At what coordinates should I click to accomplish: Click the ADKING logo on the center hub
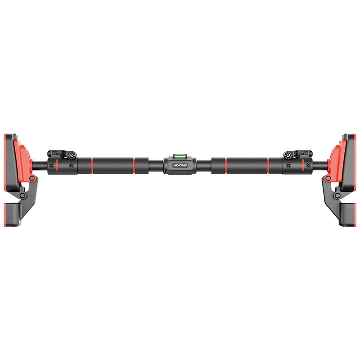(x=180, y=165)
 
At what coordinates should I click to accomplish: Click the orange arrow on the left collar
(x=57, y=165)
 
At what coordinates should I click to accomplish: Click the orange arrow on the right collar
(x=303, y=165)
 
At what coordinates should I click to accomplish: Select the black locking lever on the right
(x=298, y=154)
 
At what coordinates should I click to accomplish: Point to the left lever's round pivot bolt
(x=72, y=155)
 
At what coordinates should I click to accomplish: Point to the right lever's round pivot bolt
(x=288, y=155)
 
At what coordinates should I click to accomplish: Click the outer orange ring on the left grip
(x=92, y=166)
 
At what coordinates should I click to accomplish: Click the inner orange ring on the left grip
(x=134, y=166)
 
